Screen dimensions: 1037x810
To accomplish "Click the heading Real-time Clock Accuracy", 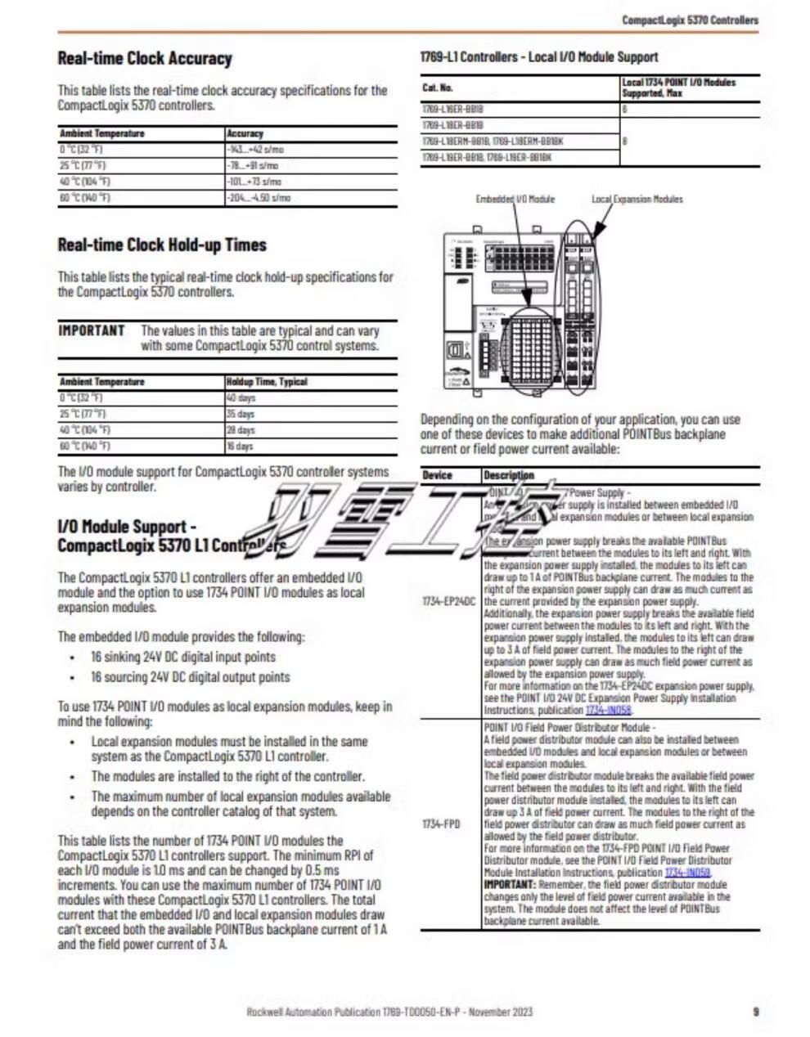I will [145, 58].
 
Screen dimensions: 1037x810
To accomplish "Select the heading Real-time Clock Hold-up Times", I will [162, 245].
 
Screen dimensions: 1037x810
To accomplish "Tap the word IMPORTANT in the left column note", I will [92, 330].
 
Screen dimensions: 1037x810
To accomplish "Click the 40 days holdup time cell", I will [241, 398].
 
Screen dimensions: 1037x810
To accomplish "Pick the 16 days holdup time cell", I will [241, 447].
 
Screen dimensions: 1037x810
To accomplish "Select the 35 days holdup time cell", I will [241, 415].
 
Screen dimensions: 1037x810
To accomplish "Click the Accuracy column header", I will [245, 133].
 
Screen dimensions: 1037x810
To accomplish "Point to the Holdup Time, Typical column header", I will [267, 382].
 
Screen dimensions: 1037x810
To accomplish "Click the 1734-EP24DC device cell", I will [449, 601].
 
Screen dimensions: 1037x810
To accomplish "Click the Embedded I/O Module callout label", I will [515, 199].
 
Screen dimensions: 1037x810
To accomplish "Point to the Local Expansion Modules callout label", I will [637, 199].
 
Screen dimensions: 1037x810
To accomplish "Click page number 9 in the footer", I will [755, 1012].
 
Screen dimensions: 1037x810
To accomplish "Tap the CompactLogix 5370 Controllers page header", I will [690, 20].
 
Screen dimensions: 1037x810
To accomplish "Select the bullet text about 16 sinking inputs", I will [183, 657].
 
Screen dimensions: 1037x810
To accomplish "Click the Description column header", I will [509, 475].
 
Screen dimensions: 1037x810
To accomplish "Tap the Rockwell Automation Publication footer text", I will [389, 1012].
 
